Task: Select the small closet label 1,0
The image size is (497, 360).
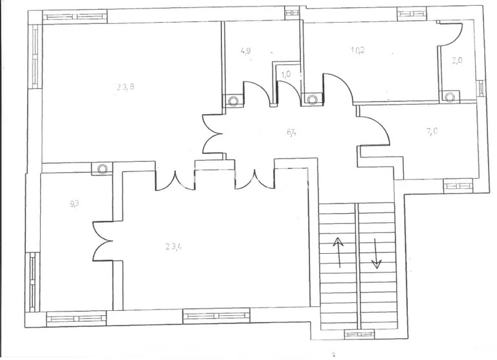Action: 285,74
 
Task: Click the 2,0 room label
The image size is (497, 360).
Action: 457,61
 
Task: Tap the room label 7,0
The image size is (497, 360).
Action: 432,131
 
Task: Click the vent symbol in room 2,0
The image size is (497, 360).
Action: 449,96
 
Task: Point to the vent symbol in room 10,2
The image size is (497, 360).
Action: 313,100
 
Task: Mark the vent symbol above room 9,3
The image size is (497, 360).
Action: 102,168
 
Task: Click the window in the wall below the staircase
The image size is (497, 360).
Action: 359,334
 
